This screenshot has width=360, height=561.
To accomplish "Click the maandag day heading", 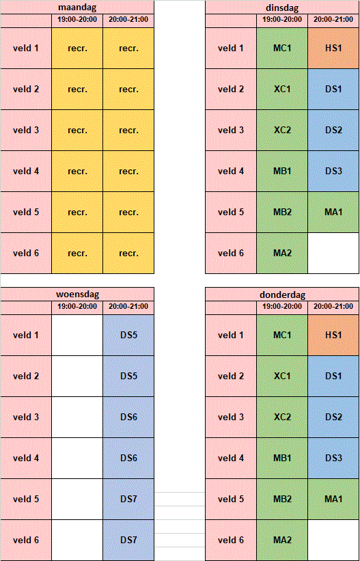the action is [77, 8].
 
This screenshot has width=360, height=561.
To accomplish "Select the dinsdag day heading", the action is [282, 8].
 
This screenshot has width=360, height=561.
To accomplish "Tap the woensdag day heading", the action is [77, 295].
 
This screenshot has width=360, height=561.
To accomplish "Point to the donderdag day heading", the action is [282, 295].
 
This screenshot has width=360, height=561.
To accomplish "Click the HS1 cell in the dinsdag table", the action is [333, 49].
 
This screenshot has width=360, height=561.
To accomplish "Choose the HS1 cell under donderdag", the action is [333, 336].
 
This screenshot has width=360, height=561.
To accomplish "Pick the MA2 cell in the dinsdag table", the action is [282, 254].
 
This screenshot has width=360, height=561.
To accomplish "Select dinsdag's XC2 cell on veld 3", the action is [282, 131].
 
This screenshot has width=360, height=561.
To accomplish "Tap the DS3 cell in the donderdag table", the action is [333, 459].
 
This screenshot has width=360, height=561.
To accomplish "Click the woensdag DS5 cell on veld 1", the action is [128, 336].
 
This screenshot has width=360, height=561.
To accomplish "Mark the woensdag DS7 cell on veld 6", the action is [128, 540].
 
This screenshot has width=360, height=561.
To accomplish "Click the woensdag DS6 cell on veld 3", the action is [128, 418].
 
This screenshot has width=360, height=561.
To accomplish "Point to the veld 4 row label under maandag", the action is [26, 172].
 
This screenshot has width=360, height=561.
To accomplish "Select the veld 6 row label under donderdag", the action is [231, 540].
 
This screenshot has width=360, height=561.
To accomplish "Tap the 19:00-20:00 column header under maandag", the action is [77, 20].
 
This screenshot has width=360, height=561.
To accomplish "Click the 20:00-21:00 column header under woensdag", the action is [128, 307].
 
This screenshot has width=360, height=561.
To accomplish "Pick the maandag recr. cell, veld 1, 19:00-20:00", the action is [77, 49].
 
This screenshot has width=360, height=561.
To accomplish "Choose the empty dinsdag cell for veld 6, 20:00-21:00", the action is [333, 254].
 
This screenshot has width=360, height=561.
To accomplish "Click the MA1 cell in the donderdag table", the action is [333, 499].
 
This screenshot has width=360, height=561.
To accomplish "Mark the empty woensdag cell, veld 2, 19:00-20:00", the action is [77, 377].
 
